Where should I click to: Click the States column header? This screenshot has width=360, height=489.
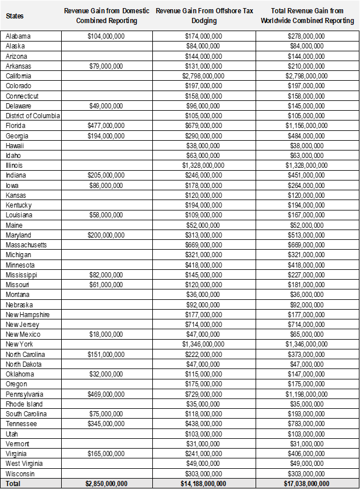tap(15, 16)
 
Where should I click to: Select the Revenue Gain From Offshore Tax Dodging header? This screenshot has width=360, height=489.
tap(204, 16)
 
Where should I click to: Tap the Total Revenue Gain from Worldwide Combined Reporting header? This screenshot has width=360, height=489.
tap(307, 16)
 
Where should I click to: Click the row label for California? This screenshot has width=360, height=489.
tap(18, 76)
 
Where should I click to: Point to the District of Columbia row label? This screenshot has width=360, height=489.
tap(33, 116)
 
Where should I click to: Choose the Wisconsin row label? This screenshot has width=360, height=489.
tap(20, 473)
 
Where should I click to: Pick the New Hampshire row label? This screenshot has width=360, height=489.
tap(28, 314)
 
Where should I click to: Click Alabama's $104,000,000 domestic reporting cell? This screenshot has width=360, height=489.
tap(106, 36)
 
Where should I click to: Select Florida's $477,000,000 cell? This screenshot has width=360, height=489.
tap(106, 126)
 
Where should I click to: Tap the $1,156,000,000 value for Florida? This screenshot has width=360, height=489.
tap(307, 126)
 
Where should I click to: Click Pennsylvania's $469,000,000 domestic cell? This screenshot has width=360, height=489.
tap(106, 394)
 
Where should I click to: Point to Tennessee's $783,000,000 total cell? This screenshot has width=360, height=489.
tap(307, 424)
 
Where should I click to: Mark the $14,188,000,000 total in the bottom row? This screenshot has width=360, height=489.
tap(204, 483)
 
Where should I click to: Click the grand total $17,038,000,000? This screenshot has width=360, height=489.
tap(307, 483)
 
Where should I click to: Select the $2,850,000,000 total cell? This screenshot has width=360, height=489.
tap(106, 483)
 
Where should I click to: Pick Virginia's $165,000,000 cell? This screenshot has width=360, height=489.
tap(106, 454)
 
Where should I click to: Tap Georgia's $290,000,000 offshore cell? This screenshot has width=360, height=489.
tap(204, 136)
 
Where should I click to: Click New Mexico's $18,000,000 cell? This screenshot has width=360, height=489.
tap(106, 334)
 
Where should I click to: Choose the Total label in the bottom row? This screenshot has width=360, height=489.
tap(13, 483)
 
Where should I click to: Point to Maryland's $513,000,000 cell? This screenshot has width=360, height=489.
tap(307, 235)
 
